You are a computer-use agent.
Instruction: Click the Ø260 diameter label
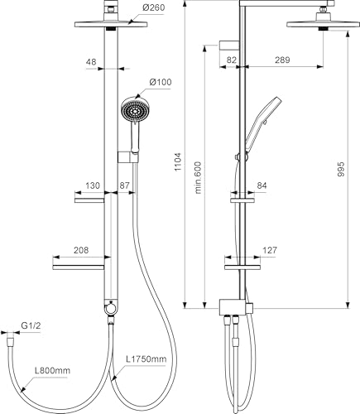tap(155, 7)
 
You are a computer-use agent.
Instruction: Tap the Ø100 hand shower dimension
tap(160, 81)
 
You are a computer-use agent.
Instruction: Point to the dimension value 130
tap(92, 185)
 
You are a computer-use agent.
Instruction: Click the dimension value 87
tap(126, 185)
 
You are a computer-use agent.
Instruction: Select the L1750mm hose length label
tap(146, 359)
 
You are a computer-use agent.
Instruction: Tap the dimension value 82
tap(232, 60)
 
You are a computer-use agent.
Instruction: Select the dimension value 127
tap(271, 249)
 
